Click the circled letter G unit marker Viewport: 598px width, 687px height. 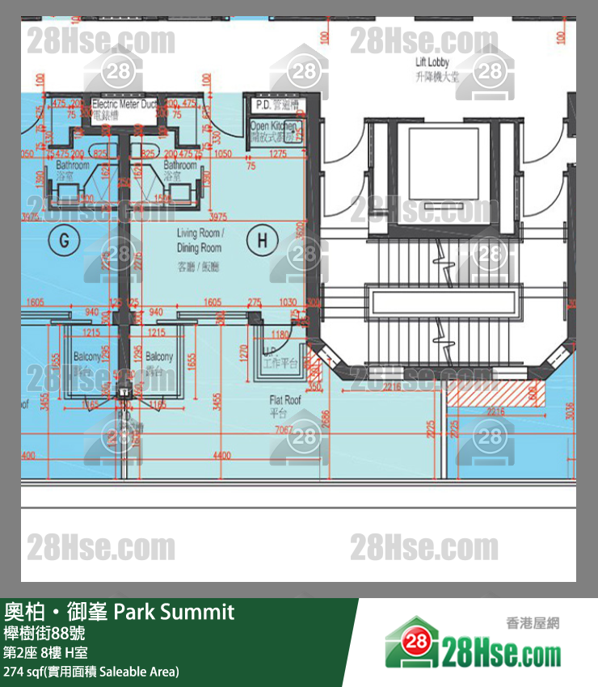(x=62, y=239)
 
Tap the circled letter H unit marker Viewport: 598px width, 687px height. (x=262, y=239)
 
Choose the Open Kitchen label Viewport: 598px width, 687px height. (x=275, y=132)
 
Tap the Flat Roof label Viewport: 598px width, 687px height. (x=285, y=404)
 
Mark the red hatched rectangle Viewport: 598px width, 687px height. (x=491, y=394)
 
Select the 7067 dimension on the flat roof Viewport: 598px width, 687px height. (x=283, y=431)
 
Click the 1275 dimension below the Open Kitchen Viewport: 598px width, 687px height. (x=279, y=154)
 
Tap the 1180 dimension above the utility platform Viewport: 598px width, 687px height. (x=280, y=334)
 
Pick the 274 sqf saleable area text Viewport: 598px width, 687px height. (x=91, y=672)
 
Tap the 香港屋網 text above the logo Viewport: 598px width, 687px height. (x=533, y=623)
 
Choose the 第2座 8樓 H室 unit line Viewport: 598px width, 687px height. (x=46, y=652)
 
